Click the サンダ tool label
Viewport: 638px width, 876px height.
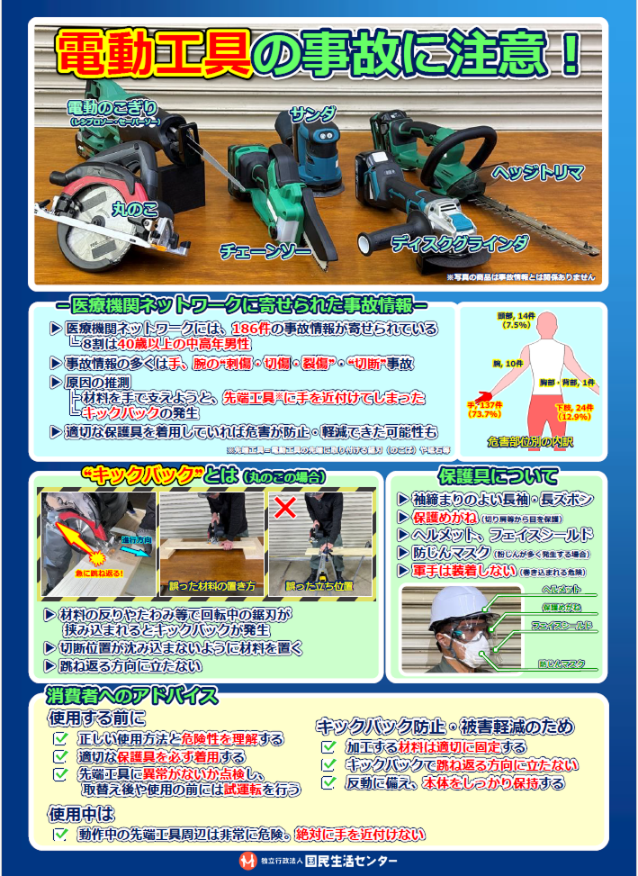click(312, 114)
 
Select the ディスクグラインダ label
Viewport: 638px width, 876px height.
click(459, 243)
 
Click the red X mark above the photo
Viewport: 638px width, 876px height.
click(285, 507)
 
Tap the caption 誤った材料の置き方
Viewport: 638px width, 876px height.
click(212, 586)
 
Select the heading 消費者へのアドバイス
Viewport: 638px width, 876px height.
click(131, 696)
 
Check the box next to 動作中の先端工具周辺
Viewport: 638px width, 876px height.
click(61, 835)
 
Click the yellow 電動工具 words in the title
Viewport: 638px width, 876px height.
click(153, 53)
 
